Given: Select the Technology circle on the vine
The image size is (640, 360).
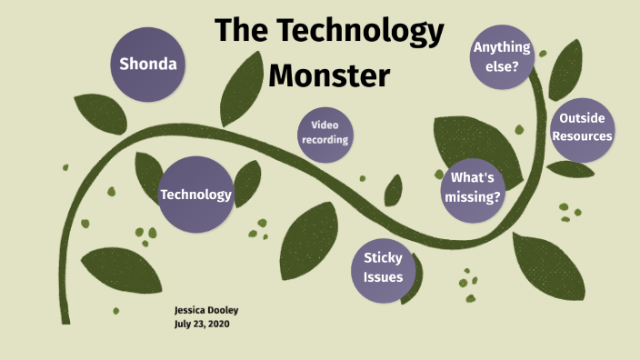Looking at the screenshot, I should coord(195,195).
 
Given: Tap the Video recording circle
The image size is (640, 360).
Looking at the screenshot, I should coord(325,132).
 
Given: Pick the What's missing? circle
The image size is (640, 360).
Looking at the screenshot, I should coord(473,187).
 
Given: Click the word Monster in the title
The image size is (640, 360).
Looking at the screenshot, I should coord(329,74).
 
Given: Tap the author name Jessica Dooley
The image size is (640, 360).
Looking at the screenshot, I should coord(206,310).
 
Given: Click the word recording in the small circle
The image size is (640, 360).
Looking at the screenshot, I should coord(325,139).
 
